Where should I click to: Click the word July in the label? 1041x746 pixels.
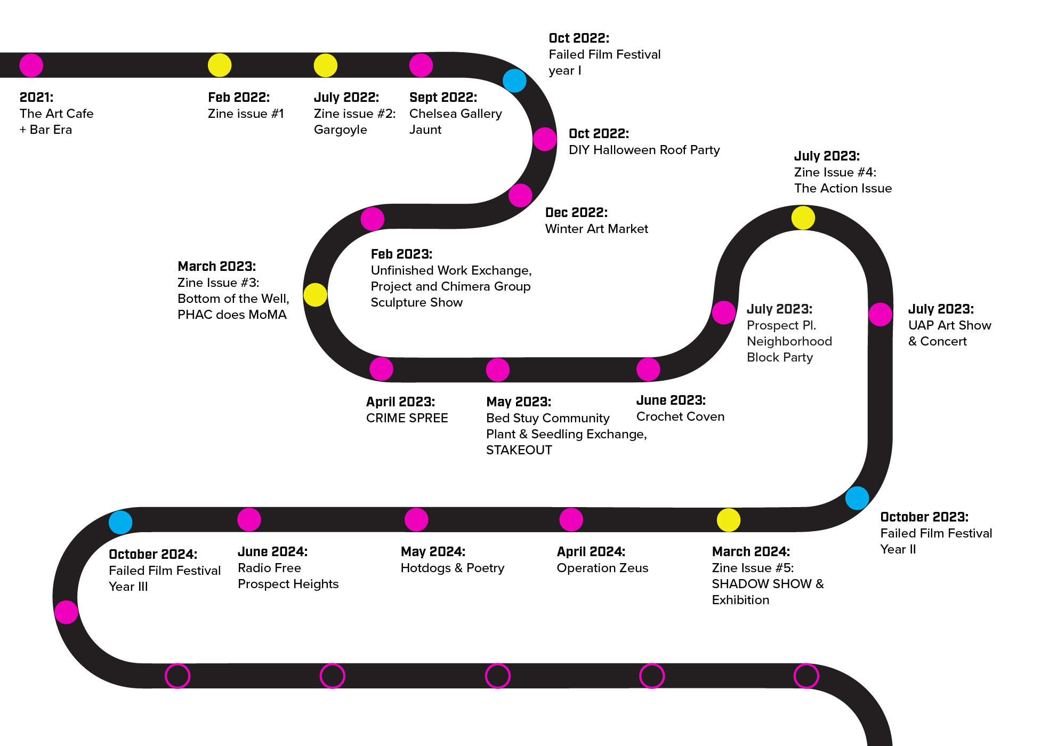coord(759,309)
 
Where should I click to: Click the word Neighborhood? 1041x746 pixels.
coord(789,341)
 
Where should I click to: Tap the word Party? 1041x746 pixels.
coord(798,357)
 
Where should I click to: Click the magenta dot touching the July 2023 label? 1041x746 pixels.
coord(723,312)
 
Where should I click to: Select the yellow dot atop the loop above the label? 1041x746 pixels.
coord(803,218)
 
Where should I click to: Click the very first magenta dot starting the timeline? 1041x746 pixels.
coord(31,66)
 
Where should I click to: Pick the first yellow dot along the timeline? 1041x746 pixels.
coord(219,66)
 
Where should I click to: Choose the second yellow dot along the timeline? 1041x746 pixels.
coord(325,66)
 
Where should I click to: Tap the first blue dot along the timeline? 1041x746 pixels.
coord(514,81)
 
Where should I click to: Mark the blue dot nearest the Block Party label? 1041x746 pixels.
coord(857,498)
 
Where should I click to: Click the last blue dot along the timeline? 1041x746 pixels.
coord(120,522)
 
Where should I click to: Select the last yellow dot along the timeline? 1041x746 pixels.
coord(728,520)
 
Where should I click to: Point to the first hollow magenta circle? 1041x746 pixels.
coord(177,676)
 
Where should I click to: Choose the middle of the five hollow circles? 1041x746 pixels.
coord(497,676)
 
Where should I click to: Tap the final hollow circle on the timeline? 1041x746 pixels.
coord(806,676)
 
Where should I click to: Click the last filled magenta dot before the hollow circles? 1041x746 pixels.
coord(66,612)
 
